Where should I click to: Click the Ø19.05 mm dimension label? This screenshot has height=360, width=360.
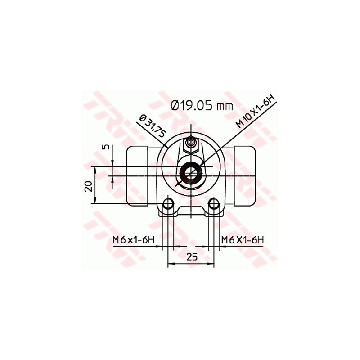202,106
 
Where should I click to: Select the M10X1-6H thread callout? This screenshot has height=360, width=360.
255,112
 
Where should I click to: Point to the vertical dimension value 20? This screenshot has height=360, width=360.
88,186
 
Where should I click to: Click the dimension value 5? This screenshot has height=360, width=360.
105,147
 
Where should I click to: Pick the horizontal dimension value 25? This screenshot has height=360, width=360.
192,256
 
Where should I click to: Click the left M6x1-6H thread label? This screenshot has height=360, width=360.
133,240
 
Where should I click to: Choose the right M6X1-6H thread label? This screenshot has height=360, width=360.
243,240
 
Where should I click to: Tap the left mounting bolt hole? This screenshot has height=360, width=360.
168,203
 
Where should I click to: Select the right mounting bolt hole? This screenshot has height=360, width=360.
214,203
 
